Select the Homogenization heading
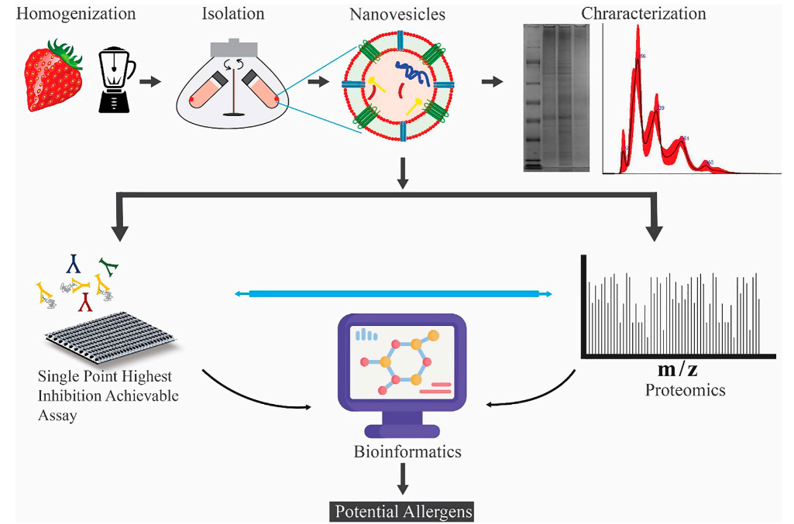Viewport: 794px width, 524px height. click(x=75, y=13)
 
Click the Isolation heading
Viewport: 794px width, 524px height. click(x=232, y=13)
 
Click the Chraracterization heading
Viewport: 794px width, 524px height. click(x=644, y=13)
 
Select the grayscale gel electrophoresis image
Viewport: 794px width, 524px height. click(x=555, y=97)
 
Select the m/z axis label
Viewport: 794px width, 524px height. click(x=676, y=370)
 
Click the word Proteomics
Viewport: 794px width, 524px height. click(x=685, y=390)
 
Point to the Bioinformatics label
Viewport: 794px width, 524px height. click(x=400, y=451)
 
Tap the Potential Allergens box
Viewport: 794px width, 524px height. click(x=401, y=511)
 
